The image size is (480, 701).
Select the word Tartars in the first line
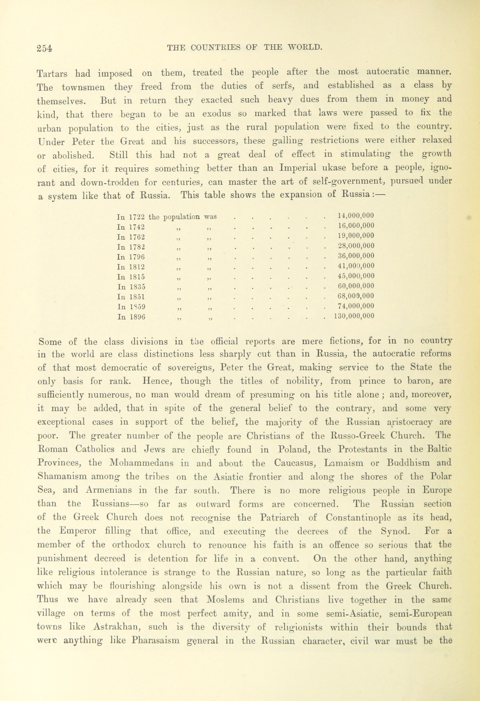[x=52, y=73]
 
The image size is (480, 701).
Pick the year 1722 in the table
[x=137, y=217]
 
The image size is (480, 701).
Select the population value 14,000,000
[x=356, y=215]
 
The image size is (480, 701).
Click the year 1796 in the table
[x=137, y=257]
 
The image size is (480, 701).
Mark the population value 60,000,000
[x=356, y=286]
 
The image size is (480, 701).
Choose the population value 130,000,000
[x=354, y=316]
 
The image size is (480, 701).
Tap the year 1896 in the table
[x=137, y=317]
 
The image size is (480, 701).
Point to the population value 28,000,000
[x=356, y=246]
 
